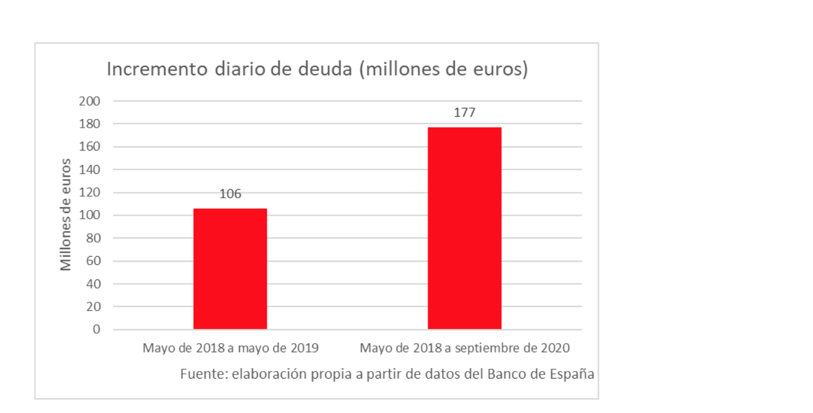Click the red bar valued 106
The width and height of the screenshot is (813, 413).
[230, 269]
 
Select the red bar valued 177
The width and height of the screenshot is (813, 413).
[464, 228]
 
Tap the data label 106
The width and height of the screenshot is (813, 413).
[230, 194]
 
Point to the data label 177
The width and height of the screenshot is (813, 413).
[464, 113]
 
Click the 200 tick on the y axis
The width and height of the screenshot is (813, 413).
[90, 101]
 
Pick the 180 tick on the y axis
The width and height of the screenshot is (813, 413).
[90, 124]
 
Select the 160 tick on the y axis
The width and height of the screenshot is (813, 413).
[90, 147]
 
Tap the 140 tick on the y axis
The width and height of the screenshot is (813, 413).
[90, 170]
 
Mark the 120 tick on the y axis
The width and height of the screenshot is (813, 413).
[90, 192]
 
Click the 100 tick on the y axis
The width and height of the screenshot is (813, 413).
[90, 215]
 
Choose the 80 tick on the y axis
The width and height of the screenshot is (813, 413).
[93, 238]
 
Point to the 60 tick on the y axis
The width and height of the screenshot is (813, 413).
[93, 261]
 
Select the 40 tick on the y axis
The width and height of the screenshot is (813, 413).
[93, 284]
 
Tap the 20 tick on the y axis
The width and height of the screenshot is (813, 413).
[93, 307]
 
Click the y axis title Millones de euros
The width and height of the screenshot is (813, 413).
[66, 215]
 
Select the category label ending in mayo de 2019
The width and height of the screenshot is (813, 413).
[231, 348]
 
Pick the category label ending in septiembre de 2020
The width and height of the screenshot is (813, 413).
[464, 348]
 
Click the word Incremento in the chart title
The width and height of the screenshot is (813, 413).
[157, 69]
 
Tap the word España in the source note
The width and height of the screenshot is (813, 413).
[572, 374]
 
